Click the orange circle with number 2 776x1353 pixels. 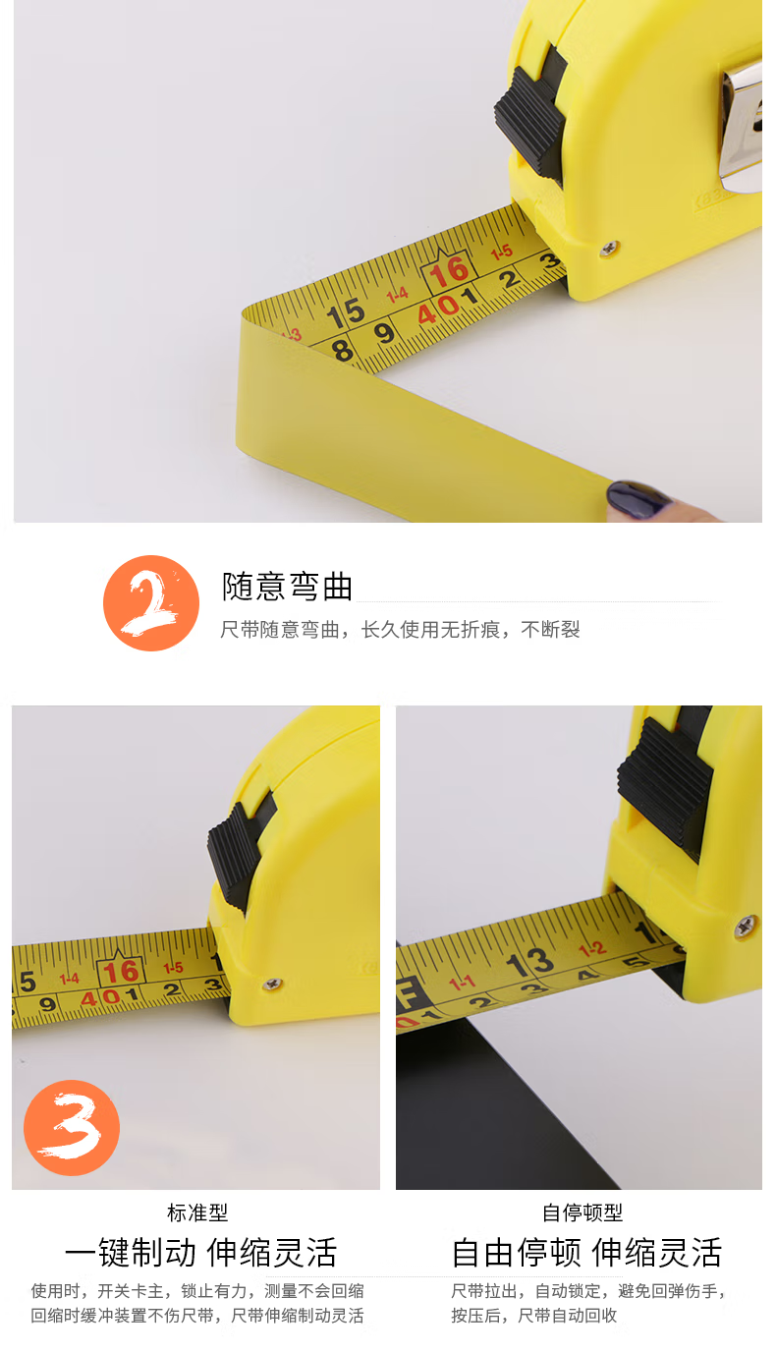click(151, 603)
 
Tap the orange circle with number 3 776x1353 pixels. click(72, 1128)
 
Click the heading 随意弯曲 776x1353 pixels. click(287, 587)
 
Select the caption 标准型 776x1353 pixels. click(197, 1212)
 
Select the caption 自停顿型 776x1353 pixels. click(582, 1212)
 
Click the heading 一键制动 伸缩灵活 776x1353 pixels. click(200, 1252)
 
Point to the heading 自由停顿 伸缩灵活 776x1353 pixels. click(587, 1252)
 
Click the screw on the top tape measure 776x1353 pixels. click(609, 247)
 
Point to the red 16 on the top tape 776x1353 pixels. click(449, 271)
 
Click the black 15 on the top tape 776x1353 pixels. click(346, 313)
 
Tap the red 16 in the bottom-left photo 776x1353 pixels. click(121, 972)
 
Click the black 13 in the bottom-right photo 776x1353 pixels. click(529, 962)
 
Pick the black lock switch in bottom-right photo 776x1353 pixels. click(666, 783)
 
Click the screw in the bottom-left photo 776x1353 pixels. click(272, 985)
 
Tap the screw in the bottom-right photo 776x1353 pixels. click(747, 926)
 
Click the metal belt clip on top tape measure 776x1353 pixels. click(741, 124)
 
